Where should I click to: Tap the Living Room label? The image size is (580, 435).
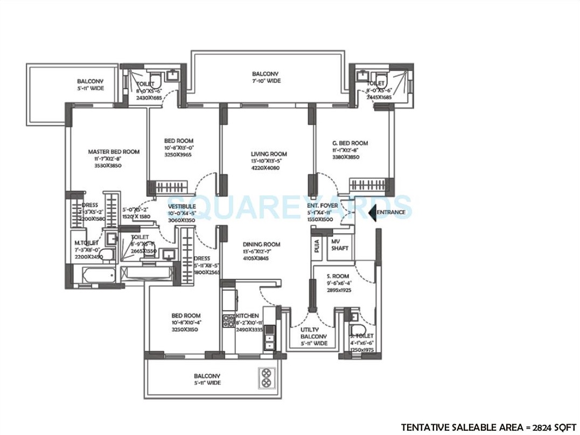[x=269, y=153]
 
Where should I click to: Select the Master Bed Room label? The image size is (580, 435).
[x=114, y=152]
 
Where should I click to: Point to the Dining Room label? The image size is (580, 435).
[x=261, y=244]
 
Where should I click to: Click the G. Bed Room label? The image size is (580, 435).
[x=350, y=143]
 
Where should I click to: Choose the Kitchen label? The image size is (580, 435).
[x=247, y=315]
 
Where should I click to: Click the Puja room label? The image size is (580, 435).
[x=316, y=244]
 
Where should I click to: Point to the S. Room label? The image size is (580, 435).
[x=338, y=276]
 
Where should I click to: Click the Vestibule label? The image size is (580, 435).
[x=182, y=206]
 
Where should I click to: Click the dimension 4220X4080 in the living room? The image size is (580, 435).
[x=269, y=167]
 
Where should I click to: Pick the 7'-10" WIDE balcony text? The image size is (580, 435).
[x=266, y=81]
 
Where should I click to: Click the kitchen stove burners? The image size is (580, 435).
[x=228, y=321]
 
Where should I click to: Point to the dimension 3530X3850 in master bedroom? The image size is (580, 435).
[x=108, y=166]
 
